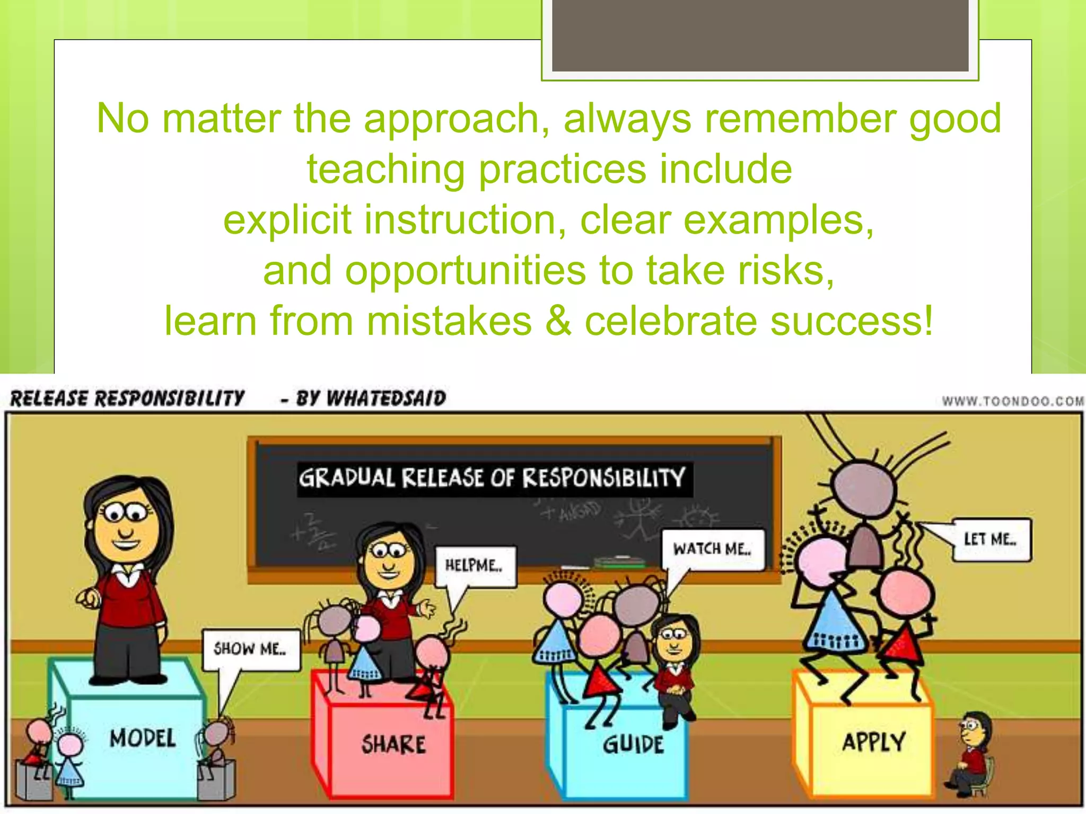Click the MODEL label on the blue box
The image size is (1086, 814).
click(x=142, y=738)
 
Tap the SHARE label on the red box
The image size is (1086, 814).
click(x=393, y=744)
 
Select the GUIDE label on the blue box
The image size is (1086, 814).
click(x=633, y=744)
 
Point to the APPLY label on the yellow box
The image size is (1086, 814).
click(x=874, y=741)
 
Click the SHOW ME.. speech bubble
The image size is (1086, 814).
click(x=250, y=649)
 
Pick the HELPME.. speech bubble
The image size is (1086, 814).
click(x=475, y=565)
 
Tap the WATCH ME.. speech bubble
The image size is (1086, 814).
click(x=713, y=549)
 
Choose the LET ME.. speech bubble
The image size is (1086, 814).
click(x=990, y=539)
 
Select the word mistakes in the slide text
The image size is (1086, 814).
click(x=449, y=321)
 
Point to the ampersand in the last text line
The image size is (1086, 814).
click(x=558, y=321)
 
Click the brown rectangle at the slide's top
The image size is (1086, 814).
click(x=760, y=35)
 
